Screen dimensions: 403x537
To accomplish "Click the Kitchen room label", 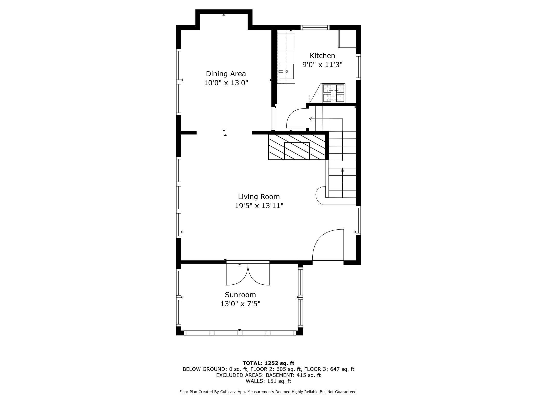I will pyautogui.click(x=322, y=56).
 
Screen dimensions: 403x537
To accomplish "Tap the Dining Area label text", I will pyautogui.click(x=226, y=74).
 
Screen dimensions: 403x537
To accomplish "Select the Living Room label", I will pyautogui.click(x=259, y=197).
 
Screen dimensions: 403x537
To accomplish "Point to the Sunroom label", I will pyautogui.click(x=240, y=295).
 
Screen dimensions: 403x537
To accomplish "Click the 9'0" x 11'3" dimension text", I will pyautogui.click(x=322, y=65).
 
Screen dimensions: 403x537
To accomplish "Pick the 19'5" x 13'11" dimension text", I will pyautogui.click(x=259, y=206).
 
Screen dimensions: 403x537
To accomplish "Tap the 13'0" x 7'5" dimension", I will pyautogui.click(x=240, y=304).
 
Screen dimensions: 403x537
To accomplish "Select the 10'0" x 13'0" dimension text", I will pyautogui.click(x=226, y=83).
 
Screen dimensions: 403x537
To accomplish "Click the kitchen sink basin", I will pyautogui.click(x=287, y=72).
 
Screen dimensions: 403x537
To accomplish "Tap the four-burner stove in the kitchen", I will pyautogui.click(x=334, y=93).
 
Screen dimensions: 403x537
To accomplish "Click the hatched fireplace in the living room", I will pyautogui.click(x=297, y=147).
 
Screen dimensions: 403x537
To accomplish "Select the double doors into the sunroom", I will pyautogui.click(x=248, y=274).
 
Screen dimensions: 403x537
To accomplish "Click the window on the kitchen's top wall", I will pyautogui.click(x=315, y=27).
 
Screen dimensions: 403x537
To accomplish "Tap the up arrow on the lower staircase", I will pyautogui.click(x=342, y=170).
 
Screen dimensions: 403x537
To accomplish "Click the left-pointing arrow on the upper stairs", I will pyautogui.click(x=311, y=119).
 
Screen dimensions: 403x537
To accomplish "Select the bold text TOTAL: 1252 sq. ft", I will pyautogui.click(x=268, y=363).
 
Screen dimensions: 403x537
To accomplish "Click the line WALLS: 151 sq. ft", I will pyautogui.click(x=268, y=381).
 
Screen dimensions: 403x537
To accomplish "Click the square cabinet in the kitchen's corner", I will pyautogui.click(x=347, y=39).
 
